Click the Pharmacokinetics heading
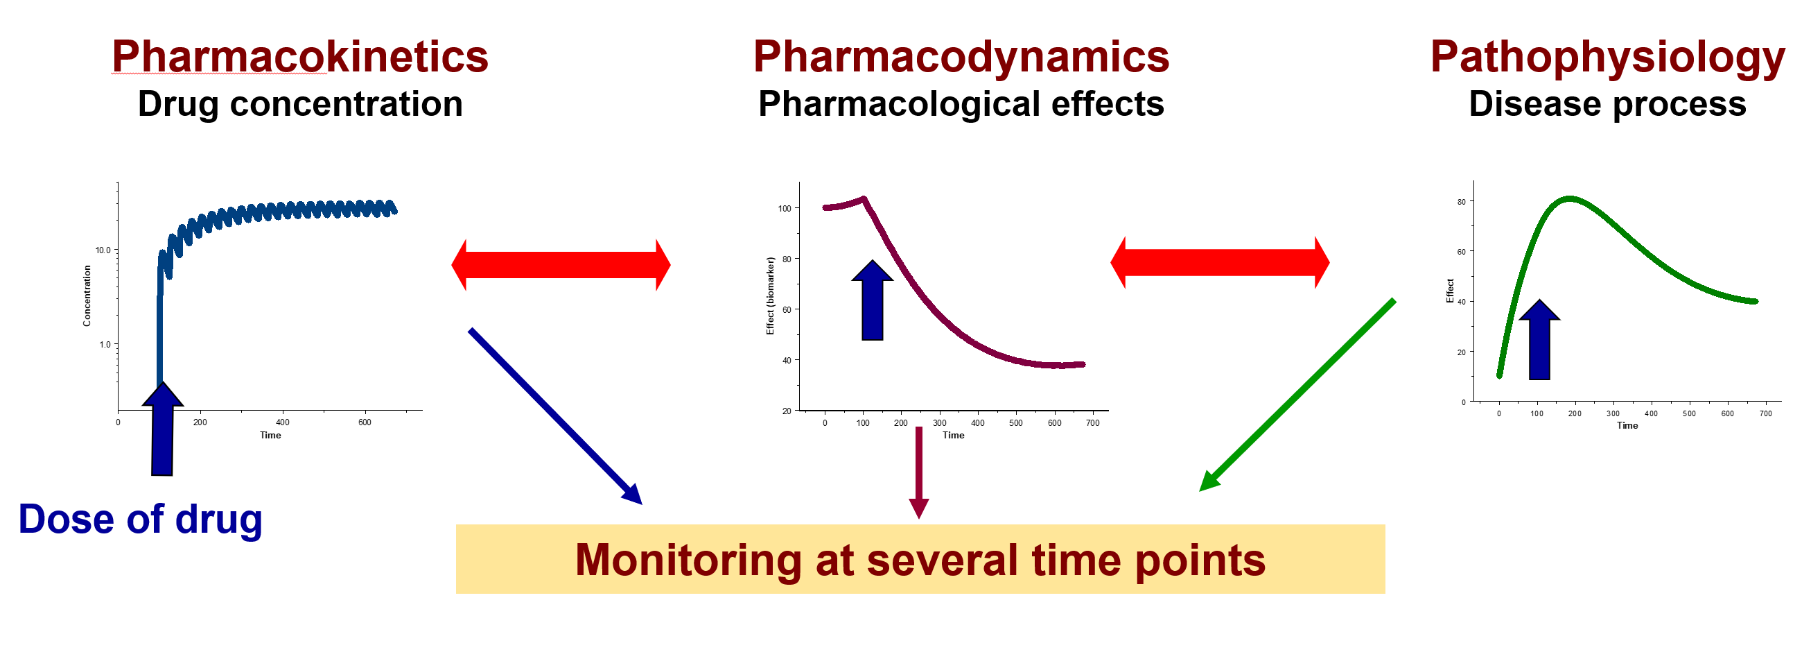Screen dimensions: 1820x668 [300, 56]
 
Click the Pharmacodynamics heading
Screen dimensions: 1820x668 [961, 56]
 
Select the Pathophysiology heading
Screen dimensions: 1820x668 [1607, 58]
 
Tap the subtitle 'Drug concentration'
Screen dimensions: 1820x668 [300, 104]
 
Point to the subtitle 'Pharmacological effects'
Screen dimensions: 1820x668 [961, 104]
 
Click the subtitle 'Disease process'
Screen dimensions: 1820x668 [1607, 104]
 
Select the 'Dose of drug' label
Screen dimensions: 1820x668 [140, 520]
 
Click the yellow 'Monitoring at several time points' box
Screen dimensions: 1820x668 [920, 559]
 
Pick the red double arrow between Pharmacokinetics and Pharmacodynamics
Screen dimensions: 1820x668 [561, 265]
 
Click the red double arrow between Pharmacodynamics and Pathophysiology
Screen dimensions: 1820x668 [1220, 262]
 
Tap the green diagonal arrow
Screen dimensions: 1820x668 [1297, 395]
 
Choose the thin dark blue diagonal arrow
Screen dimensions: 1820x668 [555, 416]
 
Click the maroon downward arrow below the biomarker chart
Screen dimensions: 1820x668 [918, 472]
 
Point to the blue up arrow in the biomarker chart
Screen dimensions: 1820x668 [873, 300]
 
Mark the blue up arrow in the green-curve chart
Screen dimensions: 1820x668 [1539, 340]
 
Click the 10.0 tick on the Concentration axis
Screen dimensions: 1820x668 [103, 250]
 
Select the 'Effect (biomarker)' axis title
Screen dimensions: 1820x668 [770, 296]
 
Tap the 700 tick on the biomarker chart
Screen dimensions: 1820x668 [1092, 423]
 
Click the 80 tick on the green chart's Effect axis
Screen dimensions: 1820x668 [1461, 202]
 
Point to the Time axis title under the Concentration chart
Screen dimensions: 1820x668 [270, 436]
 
